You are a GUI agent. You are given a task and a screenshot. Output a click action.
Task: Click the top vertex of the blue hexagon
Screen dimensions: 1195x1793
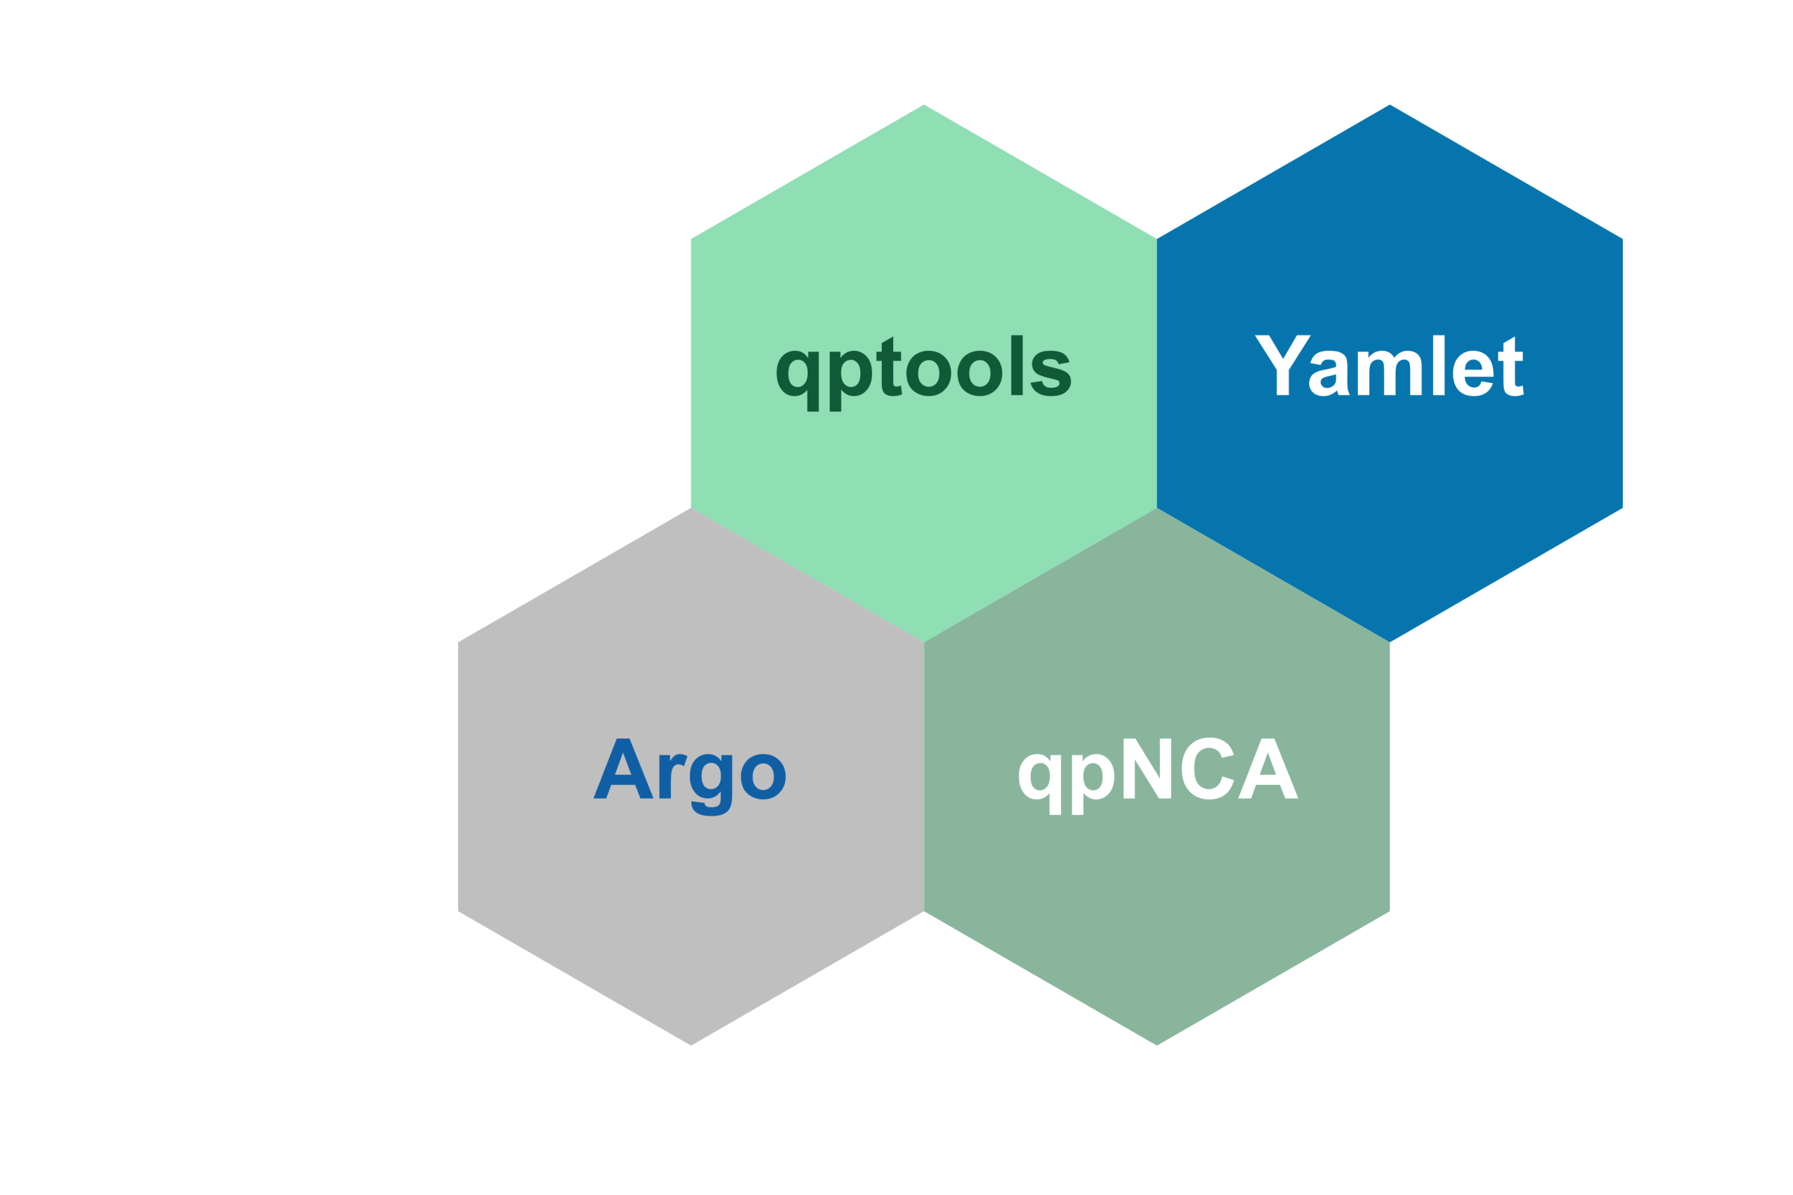pyautogui.click(x=1390, y=104)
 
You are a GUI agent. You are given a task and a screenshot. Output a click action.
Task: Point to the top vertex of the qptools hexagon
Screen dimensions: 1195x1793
pyautogui.click(x=924, y=104)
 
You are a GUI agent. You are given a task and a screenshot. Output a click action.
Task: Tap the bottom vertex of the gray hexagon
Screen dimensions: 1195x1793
pyautogui.click(x=691, y=1046)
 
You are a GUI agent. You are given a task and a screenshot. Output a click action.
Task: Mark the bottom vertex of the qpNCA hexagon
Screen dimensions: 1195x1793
pyautogui.click(x=1157, y=1046)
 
